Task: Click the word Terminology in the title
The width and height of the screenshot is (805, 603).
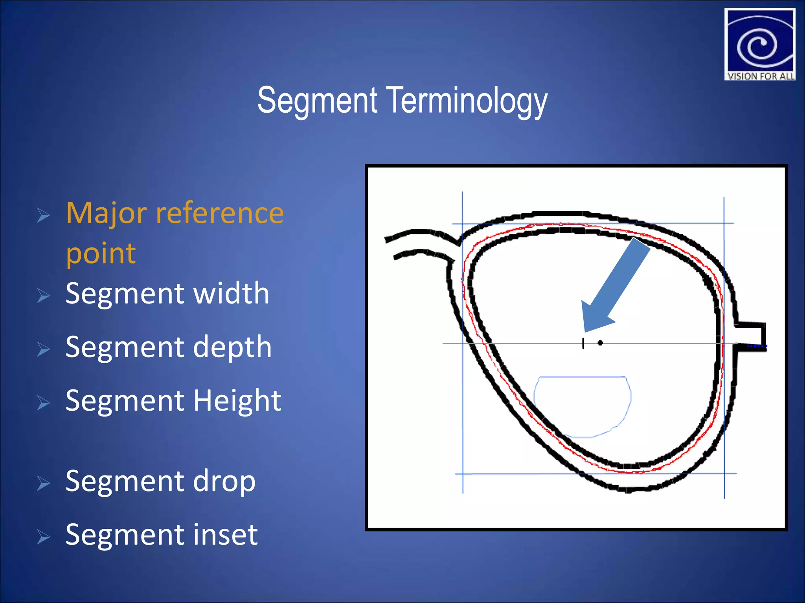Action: pos(468,100)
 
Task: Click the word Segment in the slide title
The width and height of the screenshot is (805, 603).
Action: pos(318,100)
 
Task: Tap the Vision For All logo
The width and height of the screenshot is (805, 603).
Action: pos(759,44)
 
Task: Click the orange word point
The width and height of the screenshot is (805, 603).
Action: pos(101,253)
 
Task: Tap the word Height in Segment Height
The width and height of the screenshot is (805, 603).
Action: pos(237,401)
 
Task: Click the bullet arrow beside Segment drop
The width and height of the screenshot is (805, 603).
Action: pos(43,483)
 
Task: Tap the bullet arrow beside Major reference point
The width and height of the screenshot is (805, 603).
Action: pos(43,215)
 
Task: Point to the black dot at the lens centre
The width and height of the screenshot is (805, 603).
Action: pos(600,343)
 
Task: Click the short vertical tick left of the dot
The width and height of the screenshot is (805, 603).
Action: pos(583,344)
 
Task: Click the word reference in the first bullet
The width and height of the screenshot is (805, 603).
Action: pos(220,213)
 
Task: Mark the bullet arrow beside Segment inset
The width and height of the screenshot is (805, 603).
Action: pos(43,537)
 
